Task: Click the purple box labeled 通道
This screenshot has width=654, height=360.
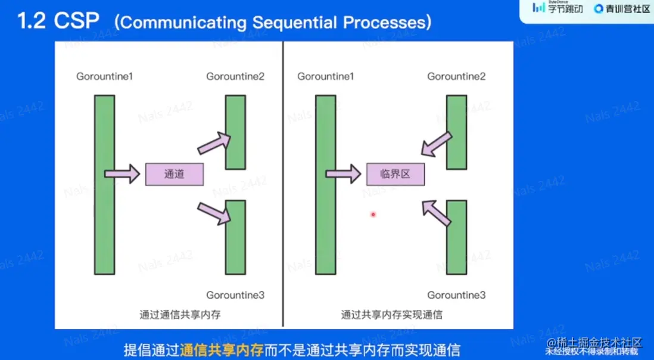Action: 175,174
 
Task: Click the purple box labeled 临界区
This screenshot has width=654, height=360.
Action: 395,174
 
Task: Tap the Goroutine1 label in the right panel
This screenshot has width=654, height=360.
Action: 326,76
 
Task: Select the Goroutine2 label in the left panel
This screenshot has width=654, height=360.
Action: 235,76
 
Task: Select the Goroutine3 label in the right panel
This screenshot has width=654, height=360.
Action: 456,295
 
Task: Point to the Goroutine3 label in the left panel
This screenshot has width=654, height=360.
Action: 235,295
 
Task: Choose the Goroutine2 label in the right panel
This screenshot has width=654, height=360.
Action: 456,76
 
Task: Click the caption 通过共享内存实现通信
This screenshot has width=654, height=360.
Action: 391,314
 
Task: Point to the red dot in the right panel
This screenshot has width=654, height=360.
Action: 373,215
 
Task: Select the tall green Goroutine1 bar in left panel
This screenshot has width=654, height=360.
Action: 104,185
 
